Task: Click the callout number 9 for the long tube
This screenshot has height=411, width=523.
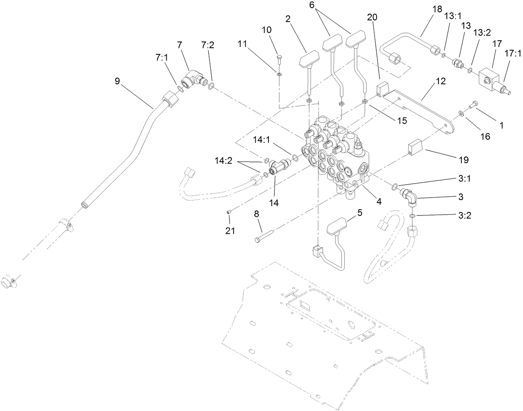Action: (117, 81)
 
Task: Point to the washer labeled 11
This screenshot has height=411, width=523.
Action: (279, 74)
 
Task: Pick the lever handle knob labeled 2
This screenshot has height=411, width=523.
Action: (308, 58)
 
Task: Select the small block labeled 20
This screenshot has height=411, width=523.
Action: (382, 89)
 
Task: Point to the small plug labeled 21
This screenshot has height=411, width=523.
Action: (229, 213)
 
